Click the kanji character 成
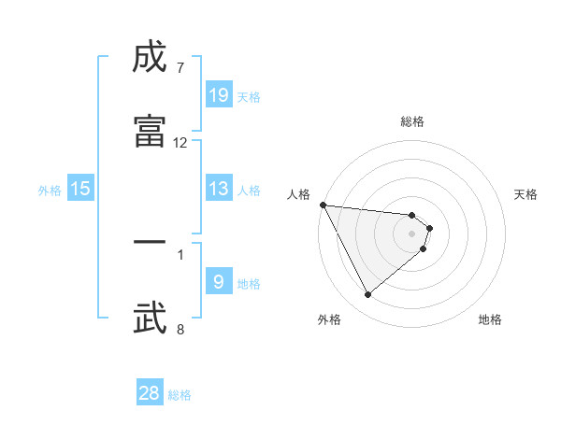150,58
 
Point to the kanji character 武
150,317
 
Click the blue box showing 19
219,95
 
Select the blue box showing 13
219,189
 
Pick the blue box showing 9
219,282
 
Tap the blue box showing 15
80,189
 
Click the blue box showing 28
150,393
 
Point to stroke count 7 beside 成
180,68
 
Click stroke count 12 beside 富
180,143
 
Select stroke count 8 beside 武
180,329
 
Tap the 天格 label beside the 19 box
249,96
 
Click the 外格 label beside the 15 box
50,190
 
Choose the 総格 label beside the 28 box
180,395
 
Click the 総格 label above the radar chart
412,121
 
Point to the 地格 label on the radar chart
490,319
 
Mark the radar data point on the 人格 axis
323,205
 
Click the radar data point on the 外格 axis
367,294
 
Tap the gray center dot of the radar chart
412,233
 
